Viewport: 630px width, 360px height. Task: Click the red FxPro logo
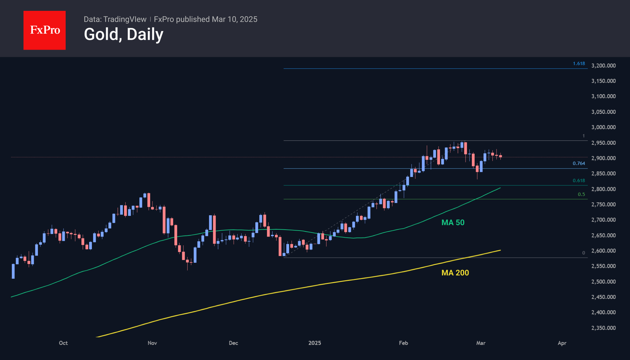point(45,30)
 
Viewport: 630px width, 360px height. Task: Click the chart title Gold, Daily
point(123,34)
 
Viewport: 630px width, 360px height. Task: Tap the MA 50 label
point(453,222)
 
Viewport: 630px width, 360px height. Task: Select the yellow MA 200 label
point(455,273)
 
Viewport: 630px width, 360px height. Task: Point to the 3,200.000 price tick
point(603,66)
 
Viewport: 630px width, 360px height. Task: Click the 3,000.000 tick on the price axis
point(603,127)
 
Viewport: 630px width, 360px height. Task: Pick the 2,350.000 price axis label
point(603,328)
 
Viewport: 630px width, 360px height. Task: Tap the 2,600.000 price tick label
point(603,251)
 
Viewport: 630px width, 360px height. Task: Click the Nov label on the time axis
point(152,343)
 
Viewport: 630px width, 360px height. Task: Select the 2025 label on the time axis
point(315,343)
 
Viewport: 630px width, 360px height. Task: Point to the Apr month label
point(562,343)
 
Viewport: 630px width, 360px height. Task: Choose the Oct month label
point(63,343)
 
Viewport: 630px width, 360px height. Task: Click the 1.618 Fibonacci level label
point(579,64)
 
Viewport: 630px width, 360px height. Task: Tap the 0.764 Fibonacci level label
point(579,163)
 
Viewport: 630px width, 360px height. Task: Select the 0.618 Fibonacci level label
point(579,181)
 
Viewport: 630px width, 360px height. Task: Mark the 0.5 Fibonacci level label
point(581,194)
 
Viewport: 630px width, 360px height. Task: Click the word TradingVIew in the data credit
point(125,19)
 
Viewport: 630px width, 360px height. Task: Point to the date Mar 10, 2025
point(235,19)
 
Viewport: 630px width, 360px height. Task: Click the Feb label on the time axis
point(404,343)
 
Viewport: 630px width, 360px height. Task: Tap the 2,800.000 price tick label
point(603,189)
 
